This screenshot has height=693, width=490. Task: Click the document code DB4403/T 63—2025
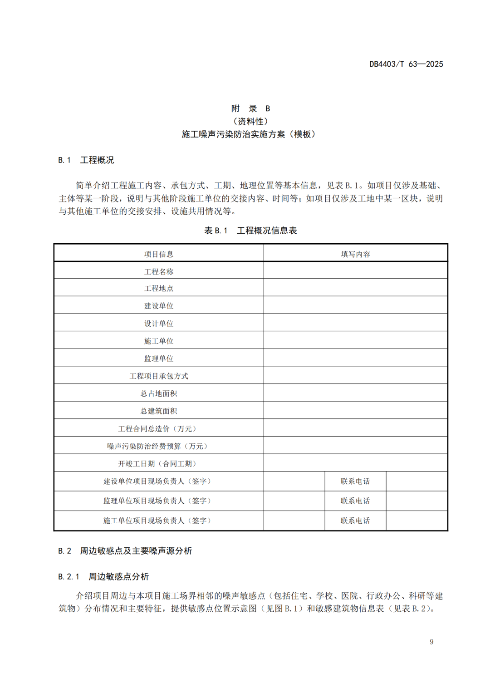(x=406, y=64)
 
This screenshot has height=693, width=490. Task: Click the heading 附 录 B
(x=250, y=108)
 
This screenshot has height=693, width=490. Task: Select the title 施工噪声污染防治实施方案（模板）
(x=249, y=134)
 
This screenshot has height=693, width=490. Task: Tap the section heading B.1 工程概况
(x=86, y=160)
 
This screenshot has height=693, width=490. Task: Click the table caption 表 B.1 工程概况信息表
(x=250, y=231)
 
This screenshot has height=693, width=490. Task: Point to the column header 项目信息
(x=159, y=254)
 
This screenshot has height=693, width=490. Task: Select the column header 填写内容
(x=355, y=254)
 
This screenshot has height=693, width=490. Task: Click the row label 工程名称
(x=159, y=272)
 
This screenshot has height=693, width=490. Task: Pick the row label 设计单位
(x=159, y=324)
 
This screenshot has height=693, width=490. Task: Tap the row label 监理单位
(x=159, y=359)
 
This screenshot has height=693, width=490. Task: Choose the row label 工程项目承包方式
(x=159, y=376)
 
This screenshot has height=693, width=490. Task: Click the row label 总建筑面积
(x=159, y=411)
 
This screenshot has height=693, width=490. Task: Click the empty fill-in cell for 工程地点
(x=355, y=288)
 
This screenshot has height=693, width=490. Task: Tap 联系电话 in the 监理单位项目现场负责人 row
(x=355, y=501)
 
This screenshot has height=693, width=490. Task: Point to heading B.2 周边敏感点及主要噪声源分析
(x=125, y=551)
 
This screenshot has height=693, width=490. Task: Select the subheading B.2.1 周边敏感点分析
(x=103, y=577)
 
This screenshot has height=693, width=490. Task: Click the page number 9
(x=431, y=642)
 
